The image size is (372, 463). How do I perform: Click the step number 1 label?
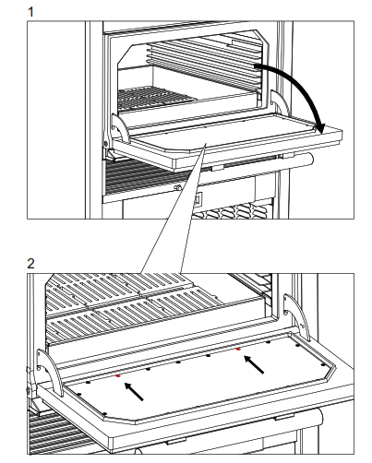coord(30,12)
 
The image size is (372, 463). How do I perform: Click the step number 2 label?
coord(30,264)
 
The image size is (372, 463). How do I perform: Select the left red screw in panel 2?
coord(118,375)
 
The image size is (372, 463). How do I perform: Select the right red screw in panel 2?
coord(238,349)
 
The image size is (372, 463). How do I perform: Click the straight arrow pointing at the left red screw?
coord(134,391)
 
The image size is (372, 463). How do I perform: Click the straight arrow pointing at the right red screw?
coord(254,364)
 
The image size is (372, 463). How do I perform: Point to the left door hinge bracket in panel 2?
coord(50,372)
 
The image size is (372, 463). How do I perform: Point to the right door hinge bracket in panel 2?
coord(297,316)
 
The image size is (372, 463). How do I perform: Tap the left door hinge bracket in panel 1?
coord(120,128)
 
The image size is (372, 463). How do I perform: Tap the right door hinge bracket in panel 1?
coord(280,103)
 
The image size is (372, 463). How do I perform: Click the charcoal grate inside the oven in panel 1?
coord(154,98)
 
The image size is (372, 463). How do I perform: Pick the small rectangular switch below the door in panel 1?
coord(198,199)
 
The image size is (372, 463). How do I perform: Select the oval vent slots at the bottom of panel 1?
coord(231,211)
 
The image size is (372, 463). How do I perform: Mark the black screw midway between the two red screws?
coord(178,362)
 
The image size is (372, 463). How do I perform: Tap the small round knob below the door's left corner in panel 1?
coord(177,187)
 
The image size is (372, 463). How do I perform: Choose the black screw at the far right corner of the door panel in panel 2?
coord(323,365)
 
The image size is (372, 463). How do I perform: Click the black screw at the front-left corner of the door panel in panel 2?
coord(104,414)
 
